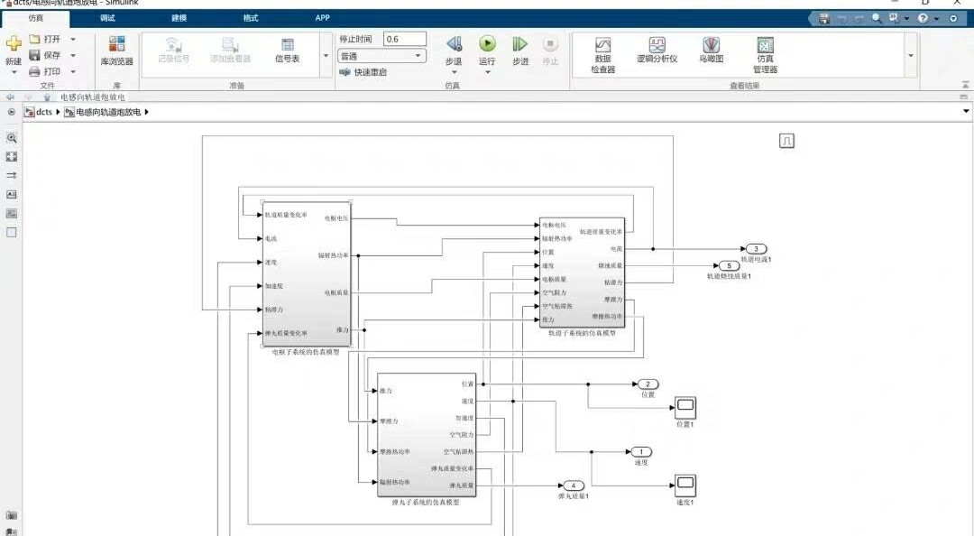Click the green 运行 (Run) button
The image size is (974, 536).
click(487, 44)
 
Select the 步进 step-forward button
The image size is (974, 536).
click(519, 44)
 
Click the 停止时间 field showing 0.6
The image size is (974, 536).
click(404, 39)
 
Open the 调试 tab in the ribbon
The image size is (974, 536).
click(107, 18)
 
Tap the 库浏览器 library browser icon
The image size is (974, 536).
click(116, 45)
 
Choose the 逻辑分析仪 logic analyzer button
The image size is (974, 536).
click(657, 45)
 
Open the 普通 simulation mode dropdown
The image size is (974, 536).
click(381, 56)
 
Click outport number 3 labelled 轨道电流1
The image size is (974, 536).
click(756, 248)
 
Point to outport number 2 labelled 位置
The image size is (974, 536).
click(647, 384)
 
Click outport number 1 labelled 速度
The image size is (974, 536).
click(641, 451)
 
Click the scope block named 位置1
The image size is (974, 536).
click(685, 407)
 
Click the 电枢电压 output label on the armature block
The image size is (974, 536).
click(335, 218)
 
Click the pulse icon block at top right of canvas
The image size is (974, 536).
click(786, 141)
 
